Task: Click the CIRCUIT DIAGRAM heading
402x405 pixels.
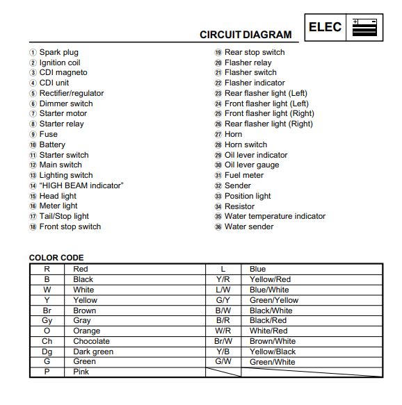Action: point(246,35)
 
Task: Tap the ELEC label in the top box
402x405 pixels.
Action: point(325,27)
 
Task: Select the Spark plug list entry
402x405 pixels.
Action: point(58,52)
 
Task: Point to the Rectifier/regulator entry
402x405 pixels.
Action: point(71,93)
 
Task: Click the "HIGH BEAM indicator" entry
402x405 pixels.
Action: point(81,185)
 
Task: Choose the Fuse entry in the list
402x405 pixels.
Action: point(48,134)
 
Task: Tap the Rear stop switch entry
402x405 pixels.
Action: point(254,52)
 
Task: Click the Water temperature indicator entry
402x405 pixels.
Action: point(275,216)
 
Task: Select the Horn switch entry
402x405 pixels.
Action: point(246,144)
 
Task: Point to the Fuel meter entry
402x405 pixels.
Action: point(243,175)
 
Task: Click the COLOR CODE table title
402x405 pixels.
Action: point(56,258)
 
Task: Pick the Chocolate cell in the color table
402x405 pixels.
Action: point(91,341)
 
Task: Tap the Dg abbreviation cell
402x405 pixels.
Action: point(47,352)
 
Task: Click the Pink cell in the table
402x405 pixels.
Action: point(81,372)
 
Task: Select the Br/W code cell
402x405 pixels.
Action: point(223,341)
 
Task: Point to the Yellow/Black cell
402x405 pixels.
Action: point(272,352)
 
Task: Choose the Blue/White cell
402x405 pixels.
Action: point(269,290)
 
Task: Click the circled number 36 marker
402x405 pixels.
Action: point(218,226)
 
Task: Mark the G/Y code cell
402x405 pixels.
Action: point(223,300)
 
